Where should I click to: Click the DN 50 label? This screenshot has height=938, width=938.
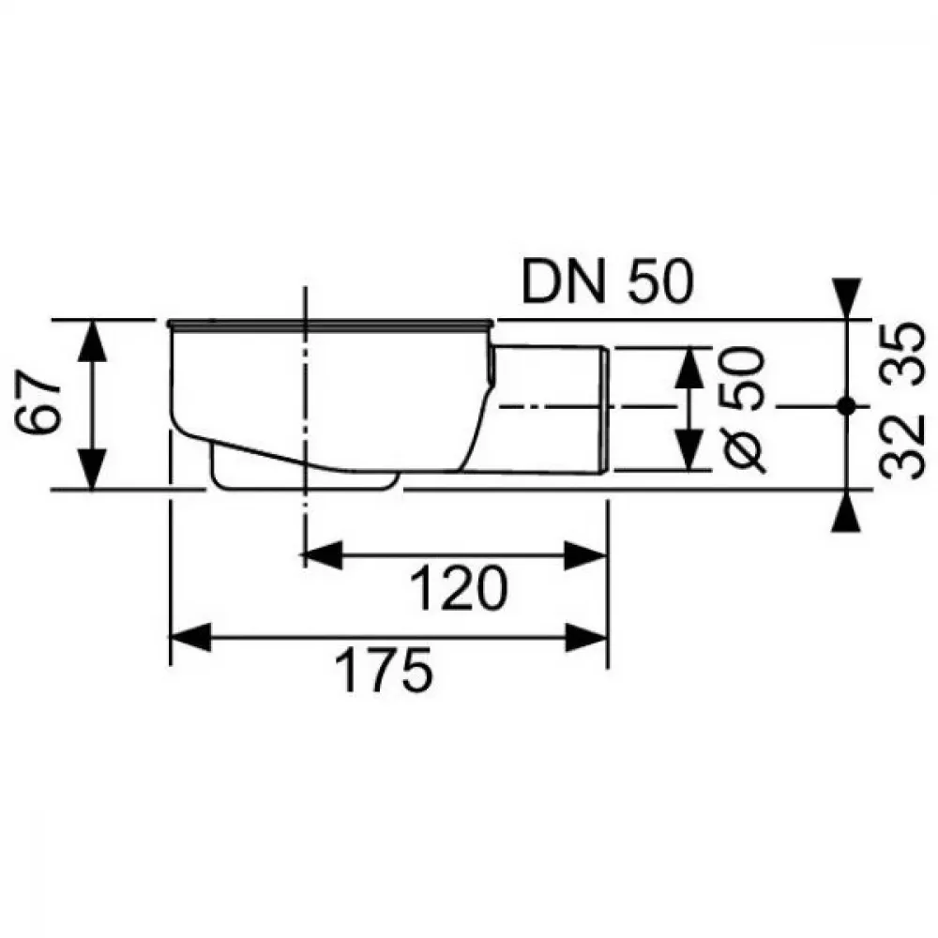(607, 281)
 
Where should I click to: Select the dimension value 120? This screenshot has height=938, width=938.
(460, 589)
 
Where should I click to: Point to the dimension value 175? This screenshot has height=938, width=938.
(384, 669)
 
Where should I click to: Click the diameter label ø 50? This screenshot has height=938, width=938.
(743, 410)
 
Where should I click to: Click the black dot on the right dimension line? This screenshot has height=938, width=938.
(846, 406)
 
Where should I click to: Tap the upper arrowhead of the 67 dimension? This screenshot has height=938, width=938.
(92, 341)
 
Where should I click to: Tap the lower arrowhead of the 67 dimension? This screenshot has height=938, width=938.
(92, 470)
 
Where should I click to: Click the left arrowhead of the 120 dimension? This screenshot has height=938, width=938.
(323, 555)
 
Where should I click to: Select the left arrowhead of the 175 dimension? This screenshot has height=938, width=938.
(190, 637)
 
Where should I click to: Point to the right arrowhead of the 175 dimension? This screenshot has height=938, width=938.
(587, 637)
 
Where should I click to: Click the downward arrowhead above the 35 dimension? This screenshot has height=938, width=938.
(846, 298)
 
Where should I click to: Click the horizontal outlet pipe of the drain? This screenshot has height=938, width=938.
(551, 410)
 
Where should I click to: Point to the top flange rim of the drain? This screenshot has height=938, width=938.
(330, 325)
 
